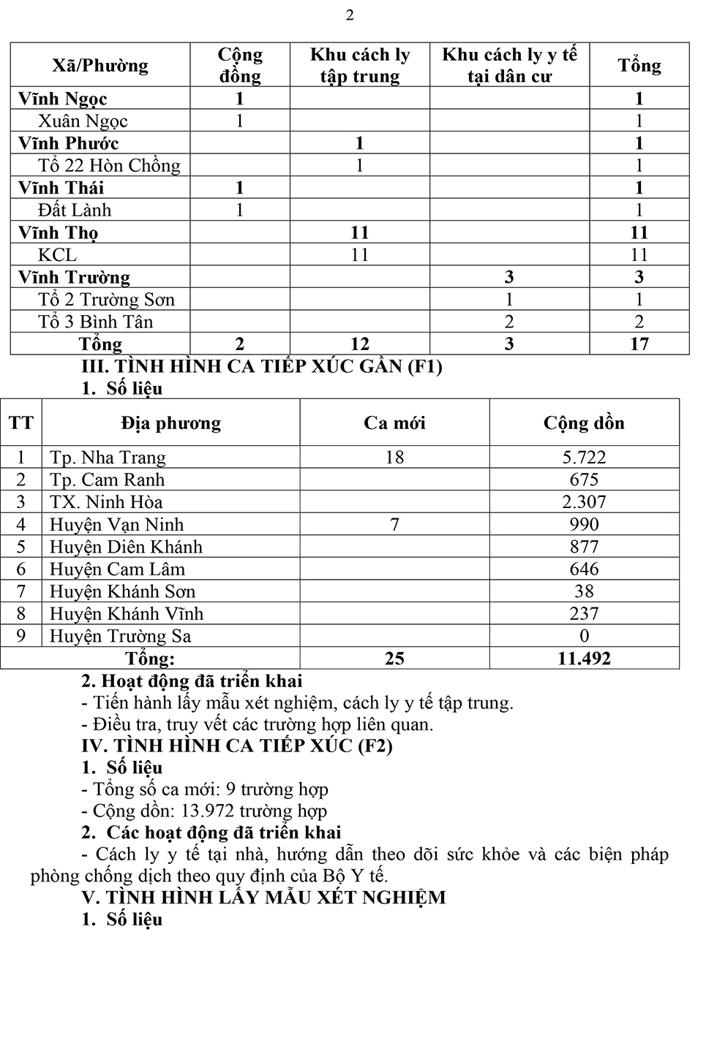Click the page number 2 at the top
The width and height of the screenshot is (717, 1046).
point(350,15)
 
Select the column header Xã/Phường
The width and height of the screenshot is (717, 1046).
point(100,66)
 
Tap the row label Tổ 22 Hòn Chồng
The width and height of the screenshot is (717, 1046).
point(109,166)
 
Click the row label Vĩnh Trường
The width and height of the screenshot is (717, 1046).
point(74,278)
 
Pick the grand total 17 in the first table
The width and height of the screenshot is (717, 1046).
point(639,344)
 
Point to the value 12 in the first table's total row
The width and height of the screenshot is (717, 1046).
point(359,344)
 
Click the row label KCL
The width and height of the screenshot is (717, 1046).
point(57,255)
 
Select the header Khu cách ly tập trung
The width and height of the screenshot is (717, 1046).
point(359,66)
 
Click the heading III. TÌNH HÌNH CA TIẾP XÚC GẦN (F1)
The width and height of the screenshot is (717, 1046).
point(262,366)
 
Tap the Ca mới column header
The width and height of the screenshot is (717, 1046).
point(394,423)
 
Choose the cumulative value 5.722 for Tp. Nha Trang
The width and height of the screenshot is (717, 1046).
point(584,458)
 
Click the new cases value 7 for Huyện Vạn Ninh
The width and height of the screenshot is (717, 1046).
point(394,525)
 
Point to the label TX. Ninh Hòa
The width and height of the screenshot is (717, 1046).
point(106,502)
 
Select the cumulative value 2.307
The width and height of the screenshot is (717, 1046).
point(584,502)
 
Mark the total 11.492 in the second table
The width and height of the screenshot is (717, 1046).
point(584,659)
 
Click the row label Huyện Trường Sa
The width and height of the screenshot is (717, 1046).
point(120,636)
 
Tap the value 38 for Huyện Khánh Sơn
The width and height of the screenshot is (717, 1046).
point(584,591)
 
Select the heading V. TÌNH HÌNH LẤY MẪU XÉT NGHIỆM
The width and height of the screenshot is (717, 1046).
point(263,898)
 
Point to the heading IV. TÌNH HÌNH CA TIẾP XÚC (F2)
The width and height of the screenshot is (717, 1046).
point(237,746)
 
